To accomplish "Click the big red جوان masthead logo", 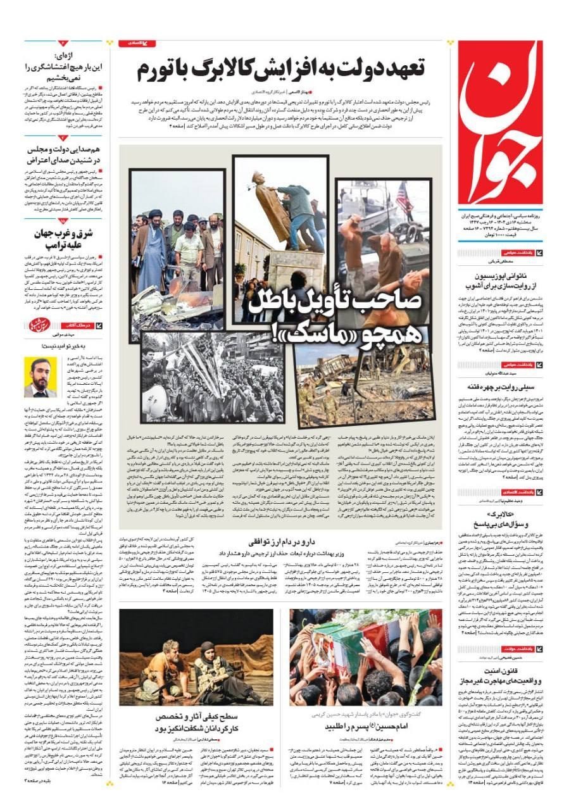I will [x=500, y=120].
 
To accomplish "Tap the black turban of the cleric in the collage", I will [x=154, y=215].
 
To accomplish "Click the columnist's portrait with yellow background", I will [x=40, y=377].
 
